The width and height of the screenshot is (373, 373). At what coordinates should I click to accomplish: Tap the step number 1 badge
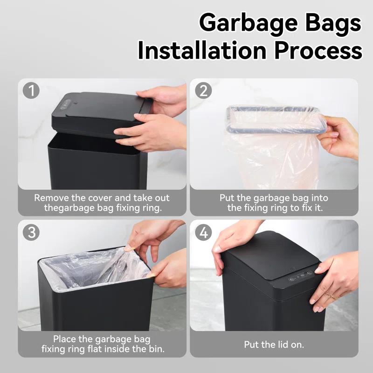(x=32, y=91)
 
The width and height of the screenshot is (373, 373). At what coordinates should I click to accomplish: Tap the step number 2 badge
(x=203, y=91)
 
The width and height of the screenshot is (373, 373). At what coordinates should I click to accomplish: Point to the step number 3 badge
(x=32, y=232)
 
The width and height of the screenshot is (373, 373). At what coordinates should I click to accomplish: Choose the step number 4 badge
(x=203, y=232)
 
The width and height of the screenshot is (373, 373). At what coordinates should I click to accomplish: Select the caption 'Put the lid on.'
(x=274, y=345)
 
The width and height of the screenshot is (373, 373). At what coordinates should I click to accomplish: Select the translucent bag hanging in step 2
(x=270, y=154)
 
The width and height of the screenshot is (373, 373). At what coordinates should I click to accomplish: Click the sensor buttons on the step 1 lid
(x=65, y=104)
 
